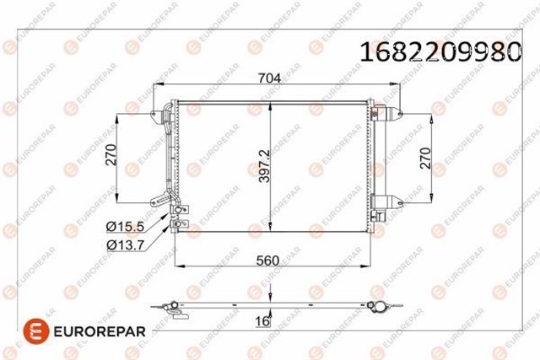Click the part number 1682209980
click(x=440, y=51)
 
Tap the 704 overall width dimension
click(x=269, y=78)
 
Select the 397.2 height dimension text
click(x=264, y=165)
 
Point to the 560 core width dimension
click(x=267, y=261)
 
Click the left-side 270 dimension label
click(x=111, y=155)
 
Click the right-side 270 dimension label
click(x=425, y=158)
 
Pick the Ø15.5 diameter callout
click(x=125, y=226)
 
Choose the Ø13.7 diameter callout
click(x=125, y=244)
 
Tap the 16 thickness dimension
click(x=262, y=321)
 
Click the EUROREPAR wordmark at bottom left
click(x=100, y=331)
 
